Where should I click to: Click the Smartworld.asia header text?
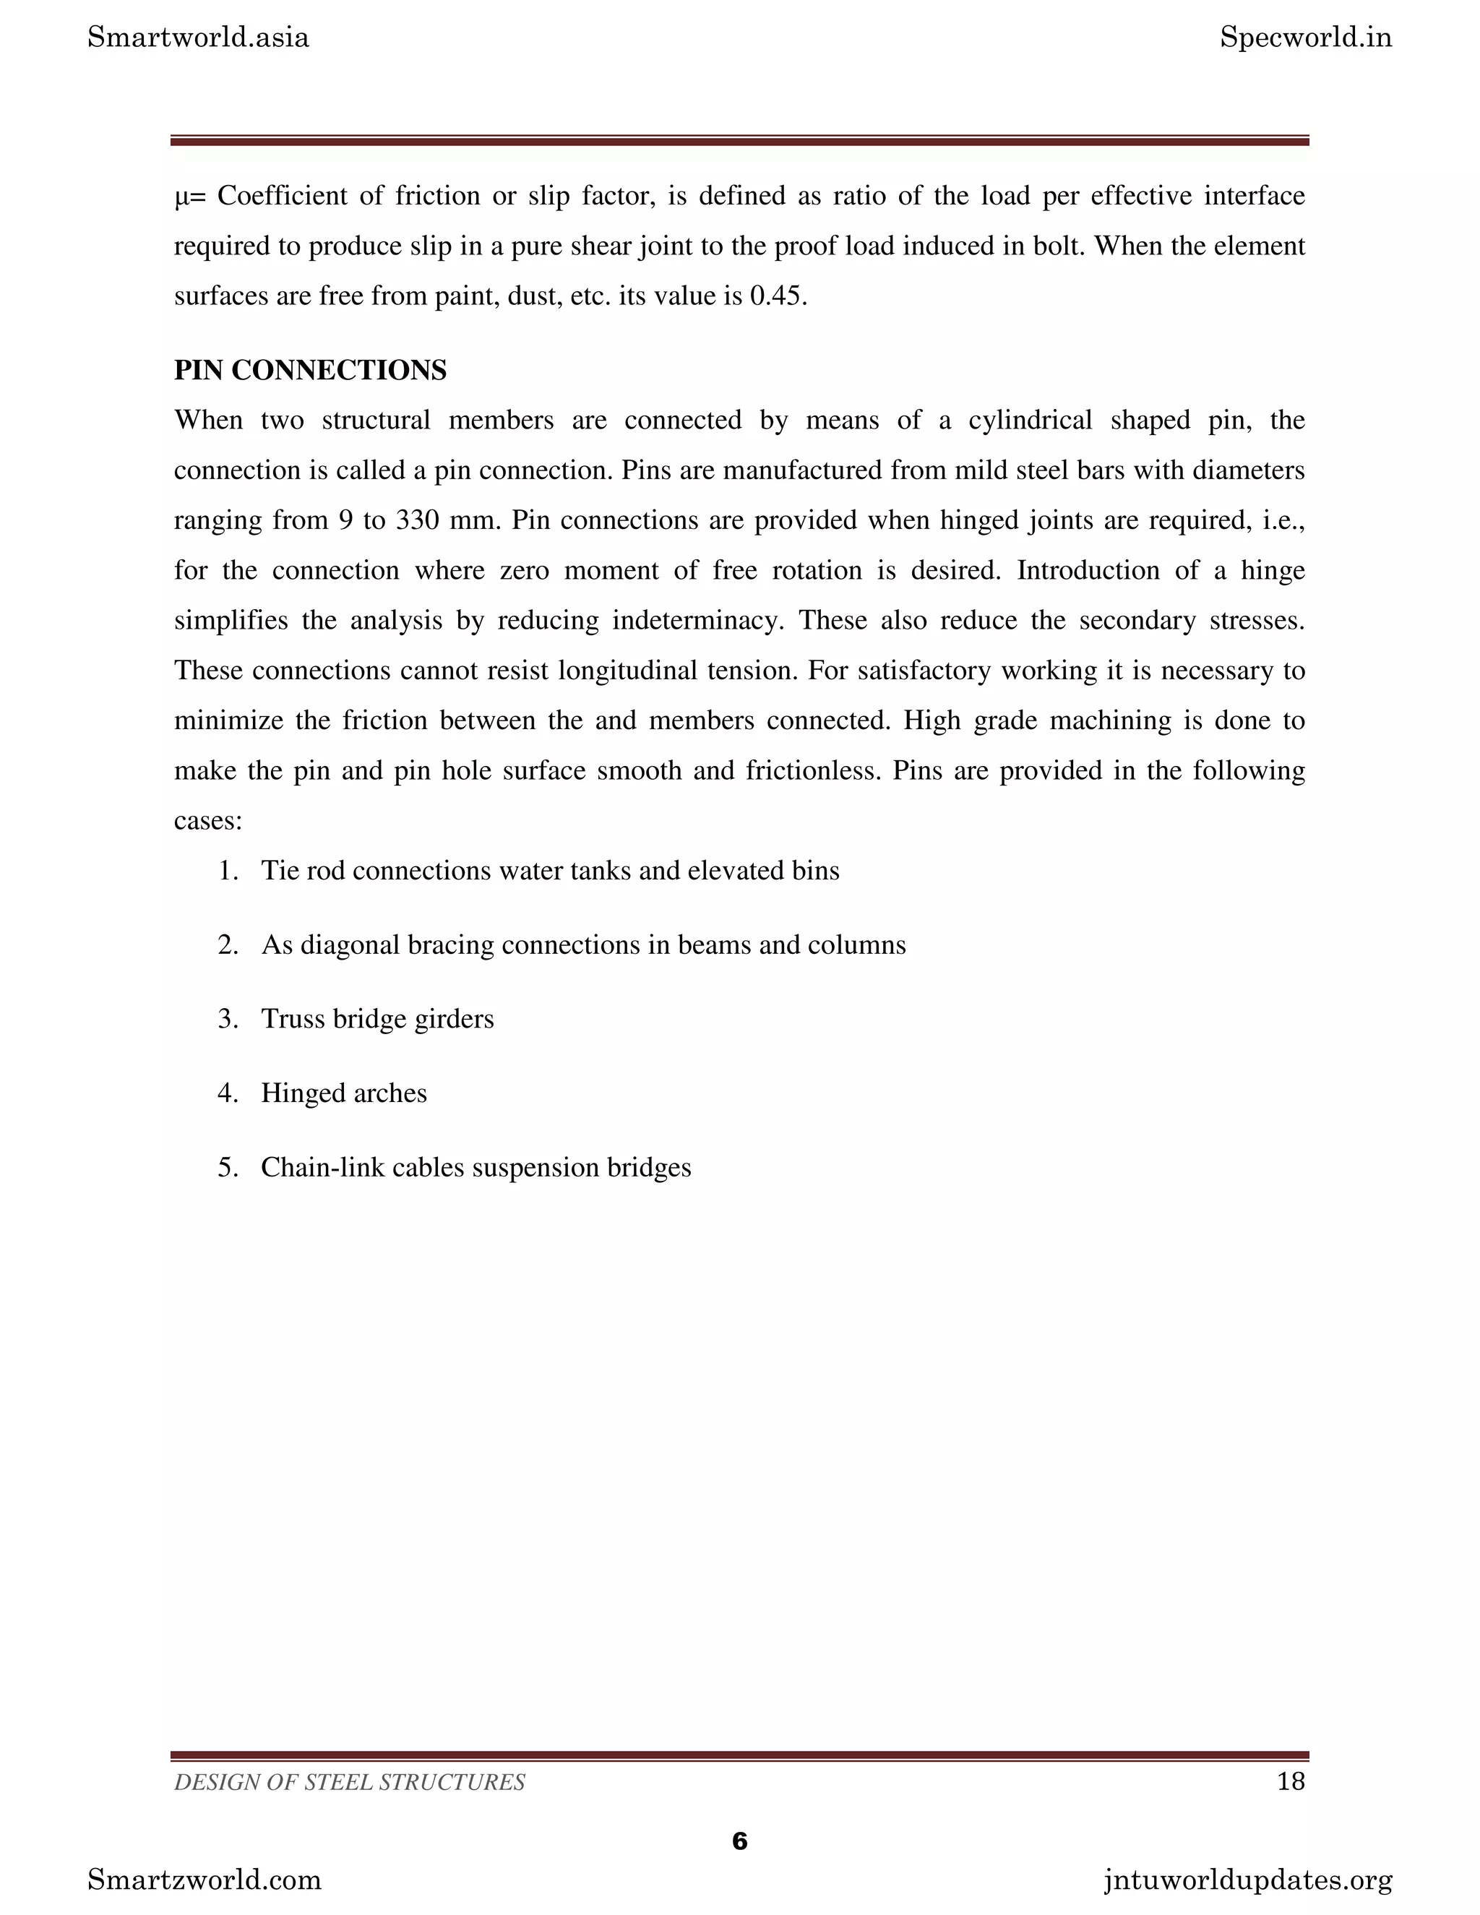(x=198, y=38)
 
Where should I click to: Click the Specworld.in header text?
(x=1306, y=38)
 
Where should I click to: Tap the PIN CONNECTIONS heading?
(x=310, y=370)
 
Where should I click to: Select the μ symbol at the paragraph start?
(x=181, y=197)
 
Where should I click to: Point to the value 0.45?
(x=776, y=296)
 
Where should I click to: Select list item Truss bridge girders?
(x=377, y=1019)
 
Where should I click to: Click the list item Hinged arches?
(x=344, y=1093)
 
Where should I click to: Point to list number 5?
(x=227, y=1168)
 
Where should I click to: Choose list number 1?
(x=227, y=871)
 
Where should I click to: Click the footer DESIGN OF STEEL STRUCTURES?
(x=350, y=1783)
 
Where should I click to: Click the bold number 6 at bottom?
(x=739, y=1841)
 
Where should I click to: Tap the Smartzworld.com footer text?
(x=205, y=1880)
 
